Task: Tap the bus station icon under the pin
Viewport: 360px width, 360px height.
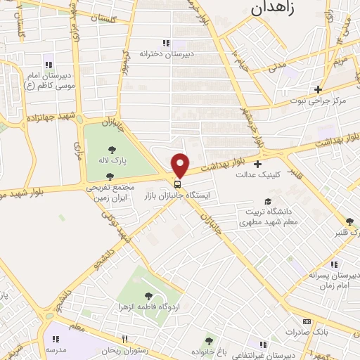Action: click(176, 186)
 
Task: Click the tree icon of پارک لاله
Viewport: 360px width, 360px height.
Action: click(112, 148)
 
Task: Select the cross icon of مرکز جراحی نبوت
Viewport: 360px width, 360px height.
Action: click(318, 89)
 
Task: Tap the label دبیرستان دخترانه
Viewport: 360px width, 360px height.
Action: click(166, 53)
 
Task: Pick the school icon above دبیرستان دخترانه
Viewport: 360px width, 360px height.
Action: click(166, 43)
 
